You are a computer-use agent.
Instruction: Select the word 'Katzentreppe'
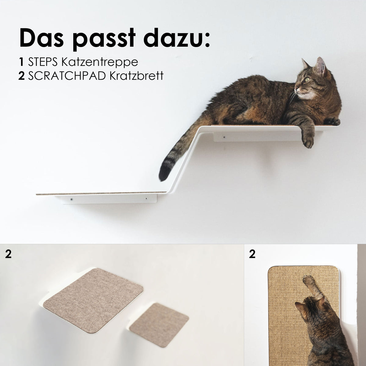[99, 62]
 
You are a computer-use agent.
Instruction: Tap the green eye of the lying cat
[306, 80]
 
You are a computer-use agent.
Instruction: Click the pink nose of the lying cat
[296, 90]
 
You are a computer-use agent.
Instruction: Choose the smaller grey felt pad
[159, 325]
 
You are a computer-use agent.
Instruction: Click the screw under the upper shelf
[224, 138]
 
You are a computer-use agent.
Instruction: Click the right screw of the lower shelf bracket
[146, 199]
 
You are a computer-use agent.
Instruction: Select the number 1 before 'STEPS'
[21, 62]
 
